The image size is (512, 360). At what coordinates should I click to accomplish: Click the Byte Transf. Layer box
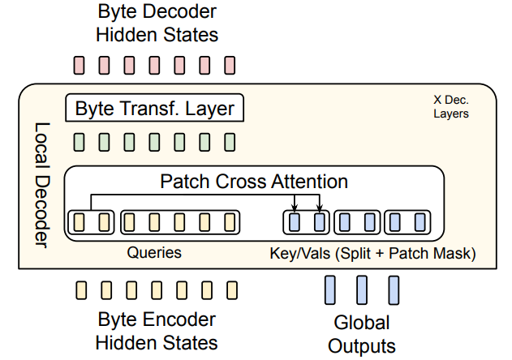(x=154, y=108)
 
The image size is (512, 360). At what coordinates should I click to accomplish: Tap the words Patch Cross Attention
(x=253, y=181)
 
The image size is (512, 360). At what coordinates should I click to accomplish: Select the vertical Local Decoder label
(x=41, y=186)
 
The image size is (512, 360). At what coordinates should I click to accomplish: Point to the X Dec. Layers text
(x=450, y=107)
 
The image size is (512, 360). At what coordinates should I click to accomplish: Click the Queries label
(x=153, y=253)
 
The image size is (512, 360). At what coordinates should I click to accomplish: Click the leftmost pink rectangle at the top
(x=80, y=64)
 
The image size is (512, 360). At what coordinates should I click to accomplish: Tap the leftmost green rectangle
(x=80, y=144)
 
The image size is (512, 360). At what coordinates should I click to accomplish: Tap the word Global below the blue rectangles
(x=362, y=322)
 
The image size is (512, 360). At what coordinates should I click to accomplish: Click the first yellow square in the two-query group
(x=80, y=221)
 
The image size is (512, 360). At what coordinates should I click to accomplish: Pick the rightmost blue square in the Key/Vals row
(x=419, y=221)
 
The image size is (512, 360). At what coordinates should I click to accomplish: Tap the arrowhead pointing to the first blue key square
(x=295, y=208)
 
